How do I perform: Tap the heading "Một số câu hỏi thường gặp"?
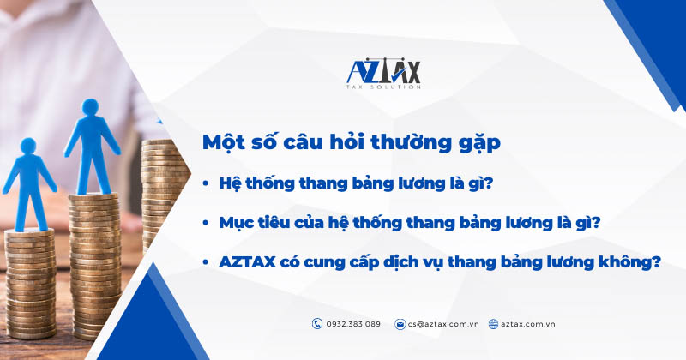click(x=351, y=143)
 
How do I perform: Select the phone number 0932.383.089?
click(x=352, y=324)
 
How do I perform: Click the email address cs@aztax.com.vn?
click(x=443, y=324)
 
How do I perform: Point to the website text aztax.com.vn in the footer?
click(x=529, y=324)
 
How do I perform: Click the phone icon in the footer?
click(x=317, y=324)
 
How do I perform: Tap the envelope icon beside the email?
click(x=400, y=324)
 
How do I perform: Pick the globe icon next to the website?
click(x=493, y=324)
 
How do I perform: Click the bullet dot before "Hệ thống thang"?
click(x=207, y=183)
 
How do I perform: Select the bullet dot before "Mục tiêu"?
click(x=207, y=223)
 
